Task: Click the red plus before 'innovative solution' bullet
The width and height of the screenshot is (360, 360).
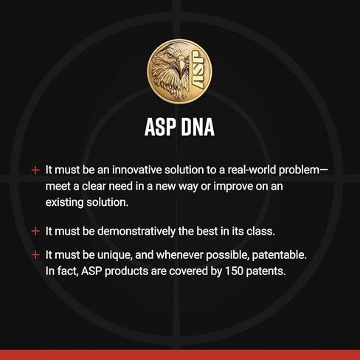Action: pyautogui.click(x=35, y=170)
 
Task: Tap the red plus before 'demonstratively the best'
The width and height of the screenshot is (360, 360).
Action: pyautogui.click(x=35, y=231)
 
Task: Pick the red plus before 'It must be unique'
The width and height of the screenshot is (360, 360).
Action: pyautogui.click(x=35, y=255)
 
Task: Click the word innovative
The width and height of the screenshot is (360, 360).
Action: pyautogui.click(x=135, y=170)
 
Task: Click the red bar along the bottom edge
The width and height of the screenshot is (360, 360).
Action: pyautogui.click(x=180, y=354)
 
